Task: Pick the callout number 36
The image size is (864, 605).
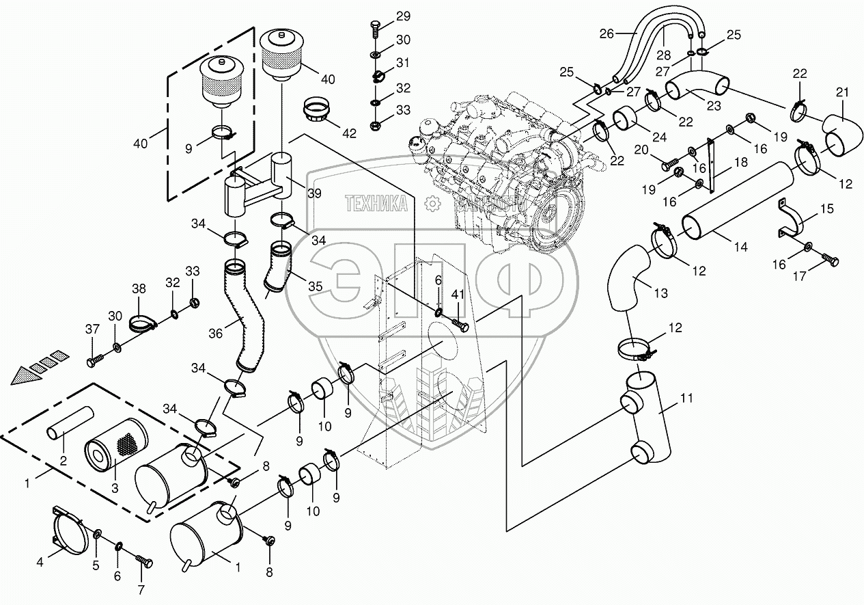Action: click(x=216, y=334)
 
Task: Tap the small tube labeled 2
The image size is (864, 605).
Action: click(x=70, y=424)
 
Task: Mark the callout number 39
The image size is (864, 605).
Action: click(x=313, y=194)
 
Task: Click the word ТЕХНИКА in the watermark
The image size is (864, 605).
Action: click(x=376, y=203)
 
